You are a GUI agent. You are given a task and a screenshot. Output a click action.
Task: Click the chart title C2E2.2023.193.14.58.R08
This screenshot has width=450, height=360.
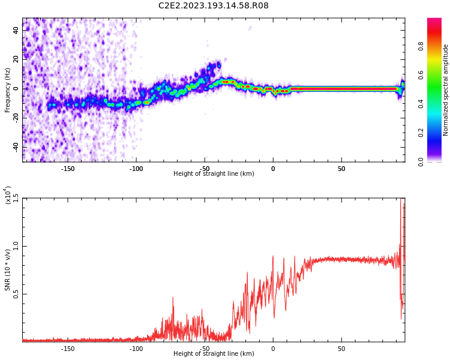213,6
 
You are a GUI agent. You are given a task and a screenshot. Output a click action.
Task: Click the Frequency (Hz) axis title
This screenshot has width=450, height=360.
8,89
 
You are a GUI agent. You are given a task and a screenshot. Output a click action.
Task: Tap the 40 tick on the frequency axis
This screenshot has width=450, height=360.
16,30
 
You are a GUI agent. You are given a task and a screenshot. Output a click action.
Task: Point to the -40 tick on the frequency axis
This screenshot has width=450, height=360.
15,147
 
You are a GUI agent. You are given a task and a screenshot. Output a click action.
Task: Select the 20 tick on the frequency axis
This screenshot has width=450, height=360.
16,59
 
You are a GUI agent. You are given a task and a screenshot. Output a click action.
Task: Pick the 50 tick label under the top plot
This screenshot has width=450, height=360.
341,169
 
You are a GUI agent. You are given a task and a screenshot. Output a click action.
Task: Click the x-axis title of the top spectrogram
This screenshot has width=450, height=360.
214,174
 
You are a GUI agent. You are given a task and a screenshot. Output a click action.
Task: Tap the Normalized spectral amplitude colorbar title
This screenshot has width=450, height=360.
446,89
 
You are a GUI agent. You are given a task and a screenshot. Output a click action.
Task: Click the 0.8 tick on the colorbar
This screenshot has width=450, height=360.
437,46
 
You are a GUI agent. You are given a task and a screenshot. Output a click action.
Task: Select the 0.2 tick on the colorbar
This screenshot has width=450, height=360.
437,133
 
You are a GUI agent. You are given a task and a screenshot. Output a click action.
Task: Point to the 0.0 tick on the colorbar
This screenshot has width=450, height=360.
437,161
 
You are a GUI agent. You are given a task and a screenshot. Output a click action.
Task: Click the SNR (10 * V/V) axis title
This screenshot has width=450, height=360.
8,270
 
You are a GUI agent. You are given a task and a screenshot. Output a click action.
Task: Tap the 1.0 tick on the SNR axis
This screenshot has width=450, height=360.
16,246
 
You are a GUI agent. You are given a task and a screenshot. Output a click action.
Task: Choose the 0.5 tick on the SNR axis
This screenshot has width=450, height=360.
16,294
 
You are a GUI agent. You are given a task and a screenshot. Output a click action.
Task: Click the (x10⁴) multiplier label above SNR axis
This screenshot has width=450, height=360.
8,195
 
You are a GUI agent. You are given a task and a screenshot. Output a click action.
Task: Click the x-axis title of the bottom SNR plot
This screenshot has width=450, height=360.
214,354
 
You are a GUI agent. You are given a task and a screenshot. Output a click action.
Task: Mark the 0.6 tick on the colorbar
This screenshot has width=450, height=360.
437,75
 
